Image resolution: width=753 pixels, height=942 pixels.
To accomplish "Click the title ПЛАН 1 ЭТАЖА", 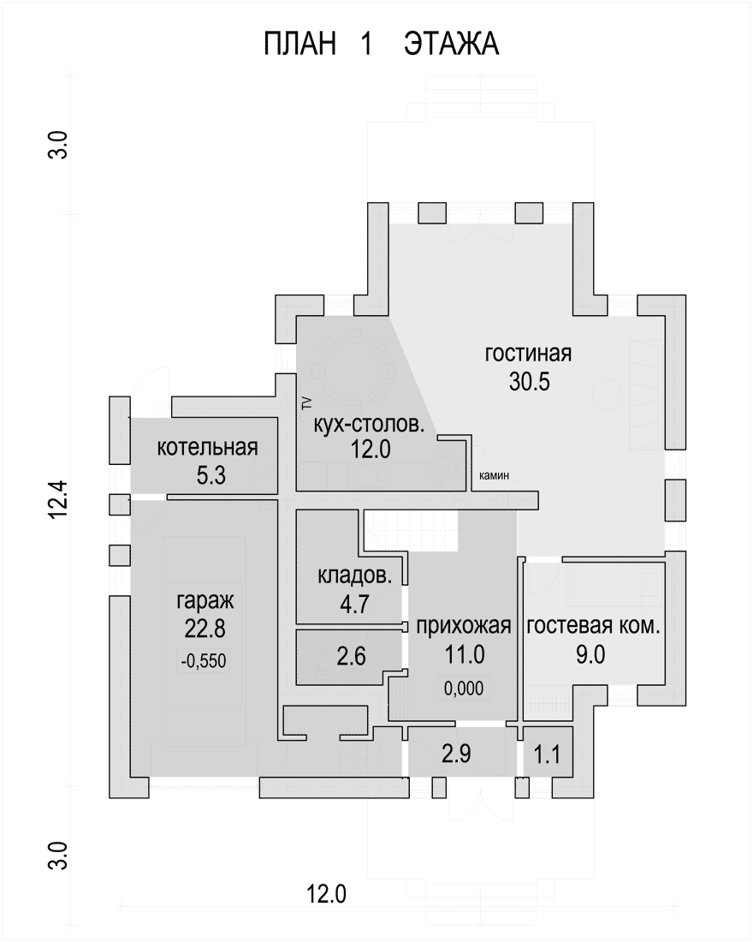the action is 382,45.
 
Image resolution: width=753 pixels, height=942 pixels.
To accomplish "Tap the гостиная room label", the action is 528,353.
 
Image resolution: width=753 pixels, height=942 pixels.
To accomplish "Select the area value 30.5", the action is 529,381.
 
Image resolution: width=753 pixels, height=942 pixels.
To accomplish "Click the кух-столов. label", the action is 369,425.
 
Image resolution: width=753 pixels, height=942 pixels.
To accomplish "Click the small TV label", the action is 307,402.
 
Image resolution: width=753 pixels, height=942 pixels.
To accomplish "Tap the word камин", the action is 495,475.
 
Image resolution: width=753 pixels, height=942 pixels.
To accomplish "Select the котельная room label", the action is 207,448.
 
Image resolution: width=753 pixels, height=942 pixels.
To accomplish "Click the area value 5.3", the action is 210,475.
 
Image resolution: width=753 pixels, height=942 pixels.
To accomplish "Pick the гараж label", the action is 205,600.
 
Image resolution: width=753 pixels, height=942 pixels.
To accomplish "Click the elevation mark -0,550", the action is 204,661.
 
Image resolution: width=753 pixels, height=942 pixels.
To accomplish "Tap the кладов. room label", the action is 354,575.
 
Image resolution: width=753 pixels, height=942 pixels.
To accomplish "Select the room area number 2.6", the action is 352,656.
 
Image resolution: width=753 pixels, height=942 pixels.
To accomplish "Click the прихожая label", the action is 464,626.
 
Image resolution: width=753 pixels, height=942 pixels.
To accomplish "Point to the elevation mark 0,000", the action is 464,688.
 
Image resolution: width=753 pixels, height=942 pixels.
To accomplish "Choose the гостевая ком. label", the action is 593,626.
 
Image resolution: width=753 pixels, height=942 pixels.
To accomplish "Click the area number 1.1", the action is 547,754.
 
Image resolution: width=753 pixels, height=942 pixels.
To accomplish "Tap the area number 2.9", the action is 456,754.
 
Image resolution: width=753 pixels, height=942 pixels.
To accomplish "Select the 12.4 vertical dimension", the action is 60,499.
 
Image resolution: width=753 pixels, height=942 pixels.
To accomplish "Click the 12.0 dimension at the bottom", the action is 327,895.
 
